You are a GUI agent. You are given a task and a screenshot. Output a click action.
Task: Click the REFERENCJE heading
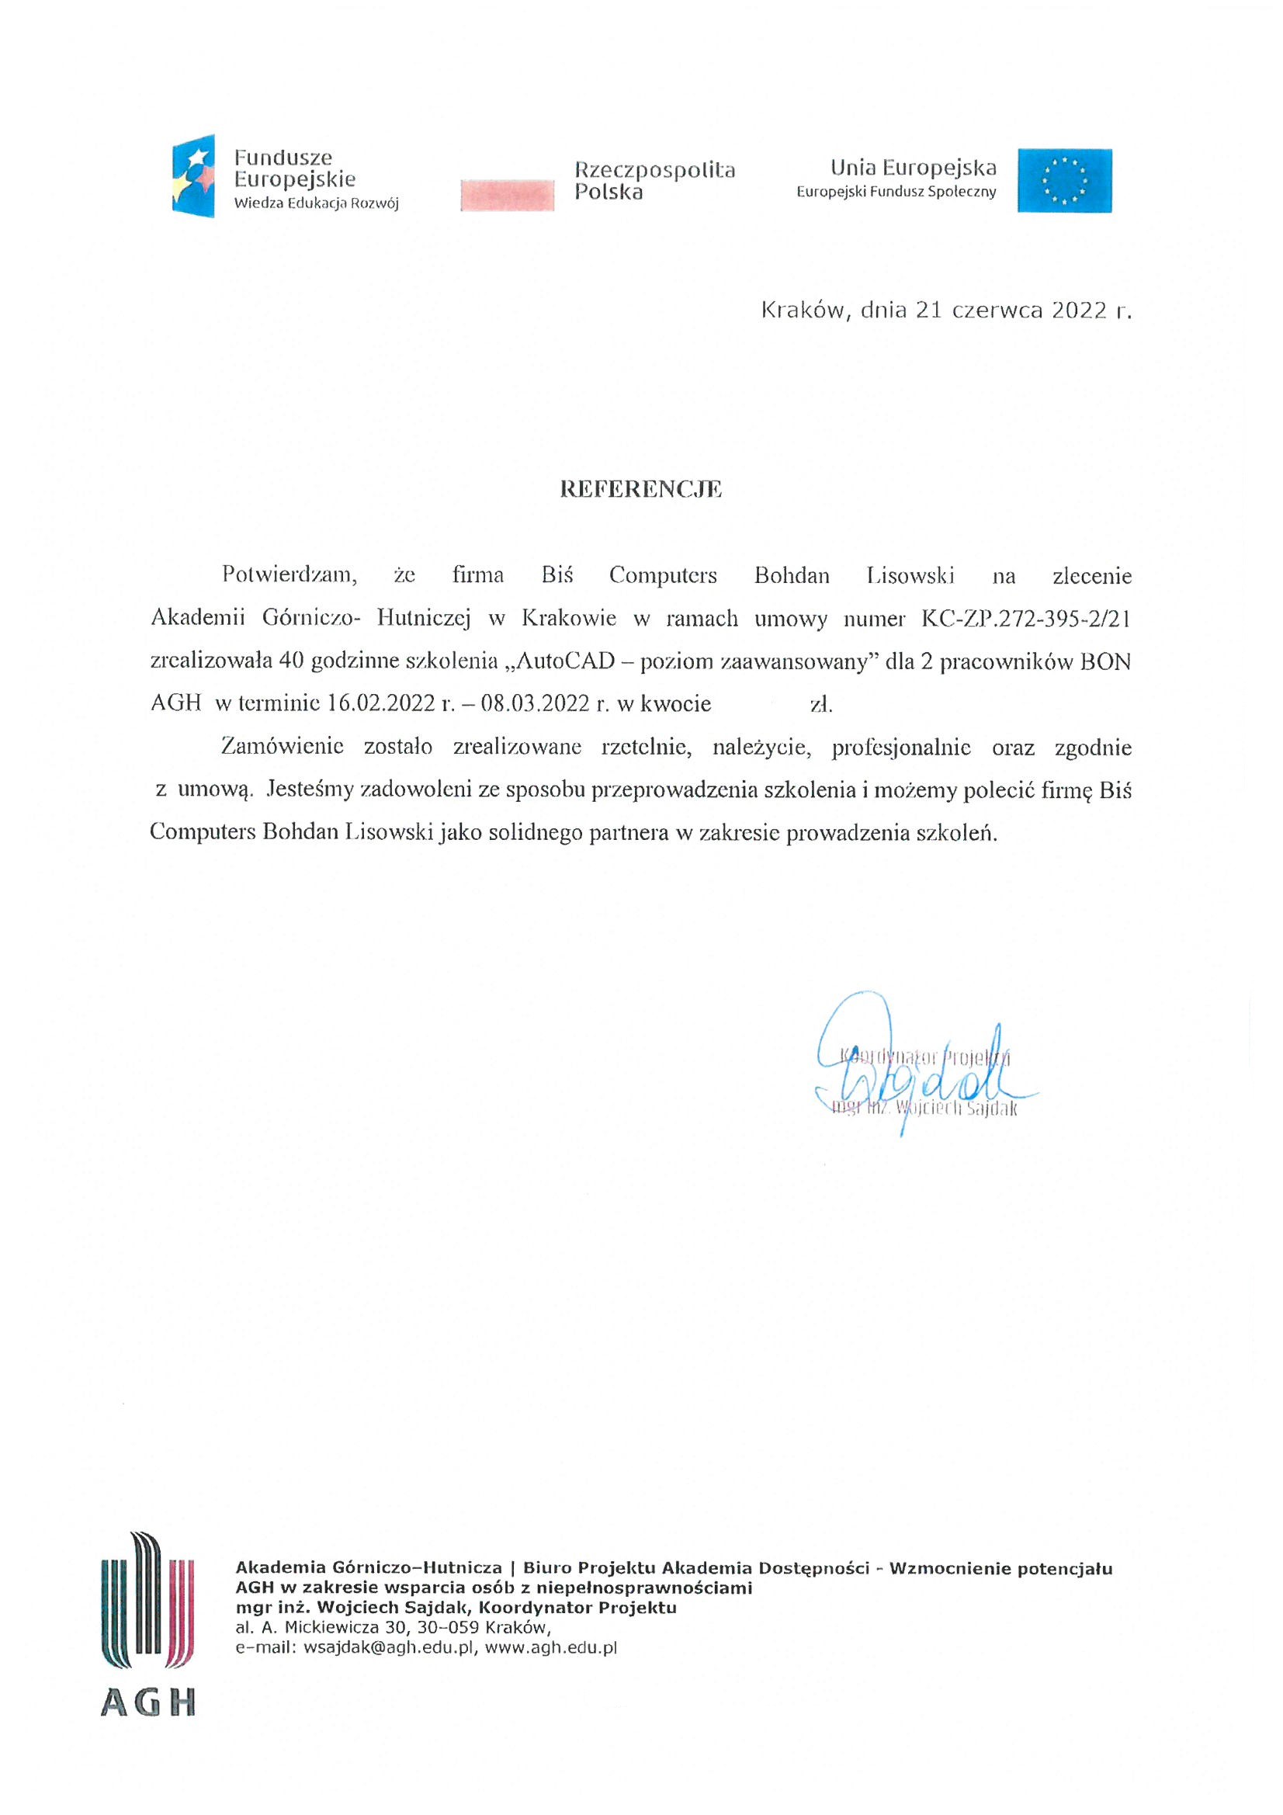pyautogui.click(x=640, y=489)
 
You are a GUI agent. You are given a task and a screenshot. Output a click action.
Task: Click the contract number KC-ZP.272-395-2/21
pyautogui.click(x=1025, y=618)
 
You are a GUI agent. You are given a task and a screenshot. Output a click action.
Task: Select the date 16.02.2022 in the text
pyautogui.click(x=380, y=703)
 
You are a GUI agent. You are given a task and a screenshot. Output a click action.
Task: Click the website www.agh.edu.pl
pyautogui.click(x=550, y=1648)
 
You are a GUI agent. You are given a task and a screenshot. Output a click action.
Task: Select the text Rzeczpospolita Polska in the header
pyautogui.click(x=654, y=181)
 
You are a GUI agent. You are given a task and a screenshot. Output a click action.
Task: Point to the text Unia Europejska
pyautogui.click(x=913, y=168)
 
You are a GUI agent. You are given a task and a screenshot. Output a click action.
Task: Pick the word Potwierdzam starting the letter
pyautogui.click(x=290, y=574)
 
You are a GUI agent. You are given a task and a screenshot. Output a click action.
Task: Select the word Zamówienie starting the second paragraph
pyautogui.click(x=283, y=747)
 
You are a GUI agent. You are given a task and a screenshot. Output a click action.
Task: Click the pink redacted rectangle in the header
pyautogui.click(x=507, y=194)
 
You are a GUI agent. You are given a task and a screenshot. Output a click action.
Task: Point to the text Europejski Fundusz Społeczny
pyautogui.click(x=896, y=192)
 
